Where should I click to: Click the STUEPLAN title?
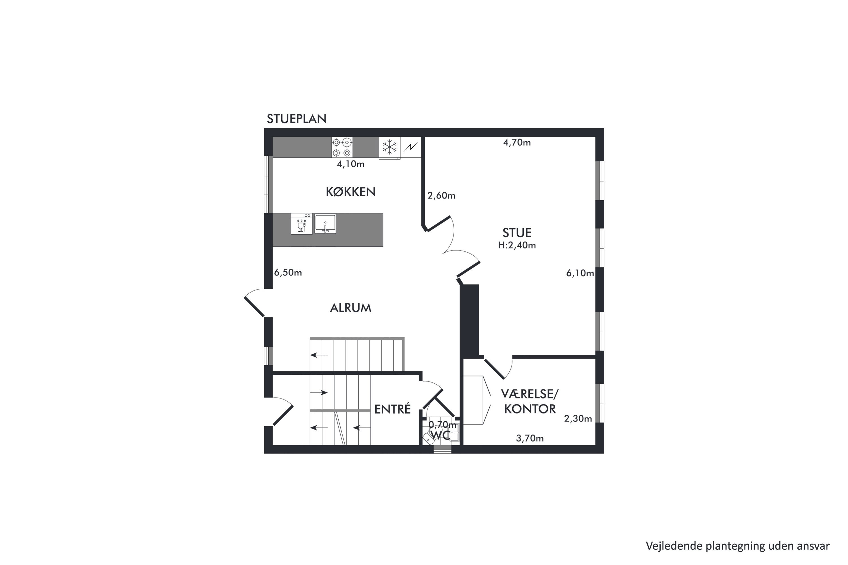tap(296, 119)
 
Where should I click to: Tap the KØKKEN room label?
tap(351, 192)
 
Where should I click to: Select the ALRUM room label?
tap(351, 308)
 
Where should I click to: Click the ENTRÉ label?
tap(392, 409)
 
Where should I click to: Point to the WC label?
tap(441, 435)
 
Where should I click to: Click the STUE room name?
tap(517, 233)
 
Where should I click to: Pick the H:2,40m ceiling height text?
tap(517, 245)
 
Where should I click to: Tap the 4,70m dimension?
tap(517, 143)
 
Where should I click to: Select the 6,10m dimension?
tap(580, 273)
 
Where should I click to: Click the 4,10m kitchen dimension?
tap(351, 164)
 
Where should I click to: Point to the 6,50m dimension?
tap(288, 272)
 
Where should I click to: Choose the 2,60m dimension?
tap(441, 196)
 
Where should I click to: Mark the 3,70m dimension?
tap(530, 438)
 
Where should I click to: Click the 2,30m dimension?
tap(578, 419)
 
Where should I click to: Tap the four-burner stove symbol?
tap(342, 147)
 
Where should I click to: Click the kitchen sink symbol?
tap(325, 224)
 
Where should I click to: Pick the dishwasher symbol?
tap(301, 224)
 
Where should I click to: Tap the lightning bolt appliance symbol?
tap(411, 147)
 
